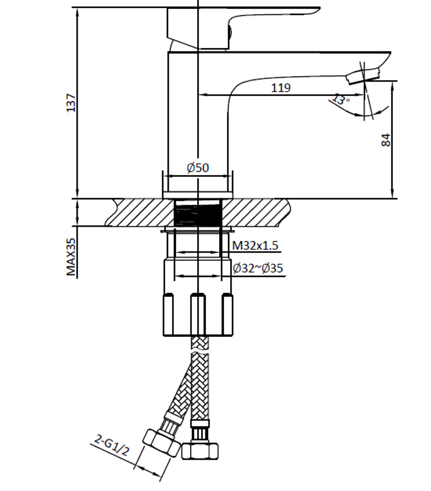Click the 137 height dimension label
71,103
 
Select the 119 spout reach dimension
281,88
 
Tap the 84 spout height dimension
386,140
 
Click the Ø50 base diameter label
198,168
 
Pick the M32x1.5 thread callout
255,245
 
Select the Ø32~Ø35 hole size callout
258,268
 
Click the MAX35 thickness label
71,257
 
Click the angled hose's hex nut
162,443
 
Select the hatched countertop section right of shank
254,212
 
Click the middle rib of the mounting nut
198,314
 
